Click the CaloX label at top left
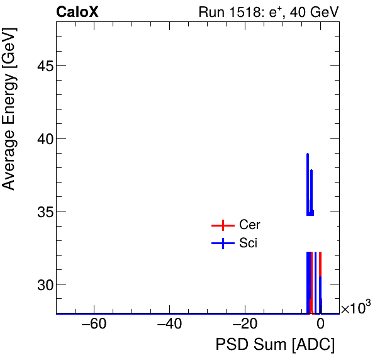[77, 12]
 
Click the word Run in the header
[211, 13]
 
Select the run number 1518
[244, 13]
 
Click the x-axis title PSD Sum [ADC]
[275, 345]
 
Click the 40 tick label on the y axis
[41, 139]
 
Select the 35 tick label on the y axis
[41, 211]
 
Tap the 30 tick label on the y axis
[41, 284]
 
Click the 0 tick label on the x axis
[320, 325]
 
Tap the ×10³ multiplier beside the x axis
[355, 308]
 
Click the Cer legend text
[250, 225]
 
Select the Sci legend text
[249, 243]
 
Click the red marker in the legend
[222, 225]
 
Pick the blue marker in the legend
[222, 244]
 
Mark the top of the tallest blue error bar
[308, 154]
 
